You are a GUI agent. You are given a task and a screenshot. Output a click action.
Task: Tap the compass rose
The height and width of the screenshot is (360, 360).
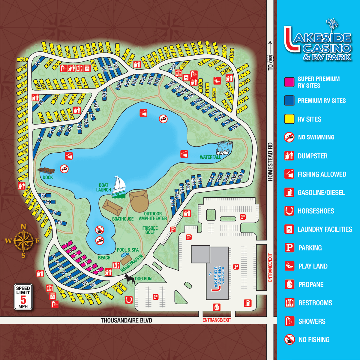coord(23,241)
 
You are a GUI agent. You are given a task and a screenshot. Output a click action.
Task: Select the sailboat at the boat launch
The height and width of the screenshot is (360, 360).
coord(119,187)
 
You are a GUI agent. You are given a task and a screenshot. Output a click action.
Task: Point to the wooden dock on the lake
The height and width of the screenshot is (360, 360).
coord(46,170)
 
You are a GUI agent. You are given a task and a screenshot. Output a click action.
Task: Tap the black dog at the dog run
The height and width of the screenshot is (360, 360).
coord(130,279)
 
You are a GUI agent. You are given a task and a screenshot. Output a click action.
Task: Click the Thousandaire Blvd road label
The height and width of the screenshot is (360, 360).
coord(126,320)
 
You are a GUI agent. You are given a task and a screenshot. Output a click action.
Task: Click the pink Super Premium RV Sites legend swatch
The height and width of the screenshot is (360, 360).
coord(289,82)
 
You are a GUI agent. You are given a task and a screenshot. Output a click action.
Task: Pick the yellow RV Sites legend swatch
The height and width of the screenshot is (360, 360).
coord(289,119)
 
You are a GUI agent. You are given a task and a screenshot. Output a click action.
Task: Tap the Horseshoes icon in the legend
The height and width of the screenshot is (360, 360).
coord(289,211)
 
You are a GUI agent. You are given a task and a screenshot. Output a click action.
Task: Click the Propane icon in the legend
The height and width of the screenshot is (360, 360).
coord(289,284)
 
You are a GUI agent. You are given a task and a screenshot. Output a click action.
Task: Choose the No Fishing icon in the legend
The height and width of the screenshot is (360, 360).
coord(289,340)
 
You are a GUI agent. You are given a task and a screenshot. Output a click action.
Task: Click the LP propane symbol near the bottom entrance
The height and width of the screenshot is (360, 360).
coord(216,307)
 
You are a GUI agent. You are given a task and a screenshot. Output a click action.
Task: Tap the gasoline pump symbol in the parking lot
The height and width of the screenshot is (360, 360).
coord(247,303)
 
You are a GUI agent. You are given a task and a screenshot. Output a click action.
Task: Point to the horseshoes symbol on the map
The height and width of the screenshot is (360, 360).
coord(129,299)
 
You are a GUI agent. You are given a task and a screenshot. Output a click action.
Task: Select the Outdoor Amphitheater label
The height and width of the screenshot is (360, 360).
coord(153,216)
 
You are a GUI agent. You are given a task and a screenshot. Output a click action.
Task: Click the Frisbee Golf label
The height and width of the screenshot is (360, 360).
coord(150,230)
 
